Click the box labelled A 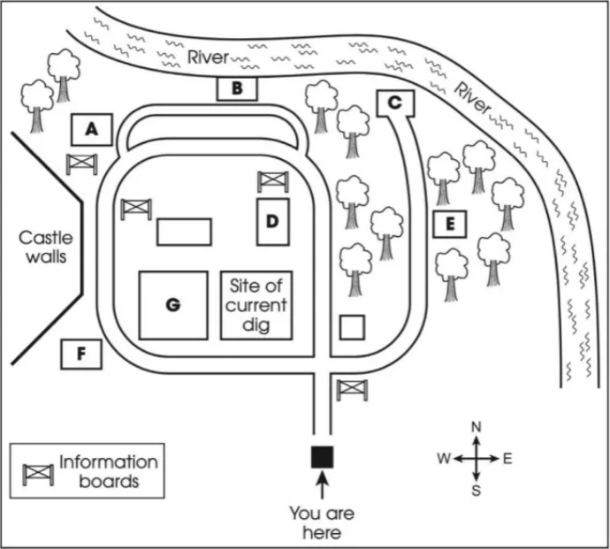pyautogui.click(x=91, y=130)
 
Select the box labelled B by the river pyautogui.click(x=236, y=88)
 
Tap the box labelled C pyautogui.click(x=395, y=103)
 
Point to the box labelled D pyautogui.click(x=273, y=222)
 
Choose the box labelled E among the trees pyautogui.click(x=450, y=225)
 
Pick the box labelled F pyautogui.click(x=81, y=355)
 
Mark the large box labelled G pyautogui.click(x=173, y=305)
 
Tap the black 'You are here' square pyautogui.click(x=322, y=456)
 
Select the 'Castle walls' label pyautogui.click(x=46, y=247)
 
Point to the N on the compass pyautogui.click(x=476, y=428)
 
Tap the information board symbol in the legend pyautogui.click(x=37, y=472)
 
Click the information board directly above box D pyautogui.click(x=272, y=181)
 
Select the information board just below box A pyautogui.click(x=81, y=164)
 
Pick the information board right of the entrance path pyautogui.click(x=352, y=389)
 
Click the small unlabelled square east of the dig pyautogui.click(x=353, y=326)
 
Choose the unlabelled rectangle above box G pyautogui.click(x=184, y=232)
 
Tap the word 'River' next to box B pyautogui.click(x=208, y=58)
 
